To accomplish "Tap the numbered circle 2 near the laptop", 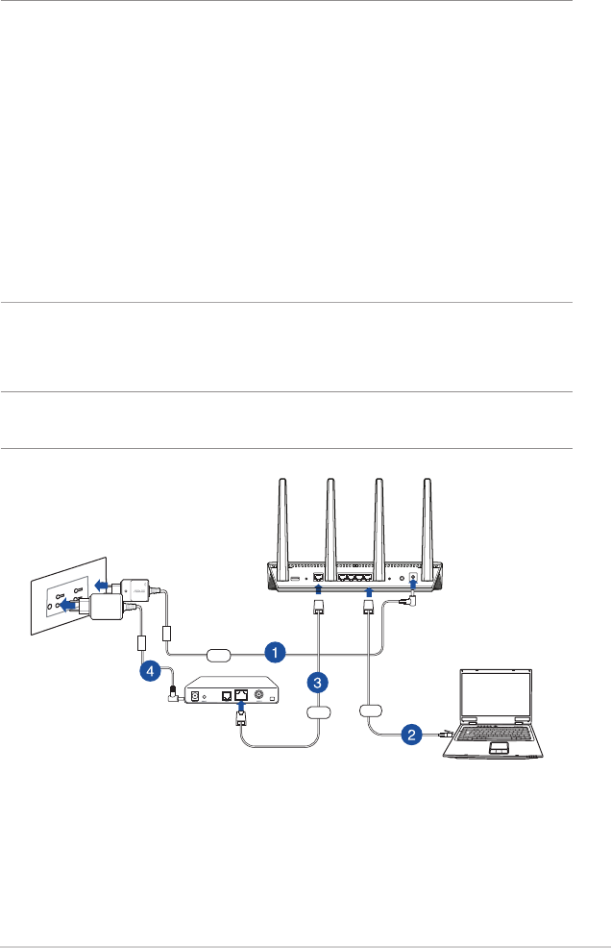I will tap(411, 736).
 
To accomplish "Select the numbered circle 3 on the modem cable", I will tap(318, 683).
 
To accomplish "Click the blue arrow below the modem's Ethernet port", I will tap(241, 708).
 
